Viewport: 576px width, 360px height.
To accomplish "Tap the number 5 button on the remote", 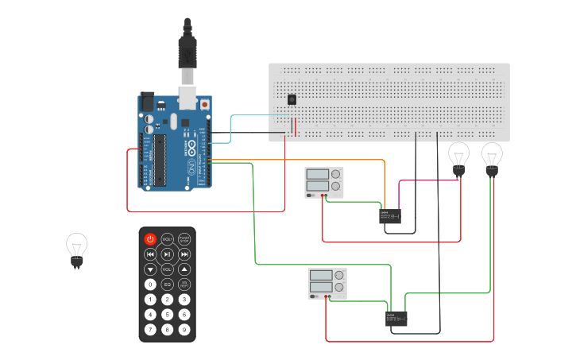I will coord(167,315).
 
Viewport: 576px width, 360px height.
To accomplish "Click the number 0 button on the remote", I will coord(150,285).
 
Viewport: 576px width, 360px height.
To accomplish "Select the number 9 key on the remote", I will coord(184,330).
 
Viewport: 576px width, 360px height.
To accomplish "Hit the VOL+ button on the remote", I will coord(167,239).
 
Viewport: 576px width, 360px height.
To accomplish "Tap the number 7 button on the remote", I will coord(150,330).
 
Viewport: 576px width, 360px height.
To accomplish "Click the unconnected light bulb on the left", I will coord(76,249).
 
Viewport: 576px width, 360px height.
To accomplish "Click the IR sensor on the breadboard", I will coord(292,99).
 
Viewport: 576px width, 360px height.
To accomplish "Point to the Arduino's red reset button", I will coord(205,104).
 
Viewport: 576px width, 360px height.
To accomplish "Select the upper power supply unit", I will coord(325,182).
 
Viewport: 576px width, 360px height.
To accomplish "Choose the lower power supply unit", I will coord(327,283).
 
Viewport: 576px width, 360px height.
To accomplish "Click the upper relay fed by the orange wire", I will coord(389,215).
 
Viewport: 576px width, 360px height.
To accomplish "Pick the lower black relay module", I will coord(396,319).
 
